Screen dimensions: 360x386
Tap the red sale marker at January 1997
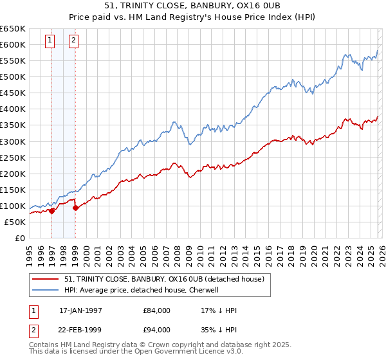coord(52,211)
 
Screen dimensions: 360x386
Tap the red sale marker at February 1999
coord(75,208)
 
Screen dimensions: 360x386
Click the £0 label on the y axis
coord(19,238)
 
